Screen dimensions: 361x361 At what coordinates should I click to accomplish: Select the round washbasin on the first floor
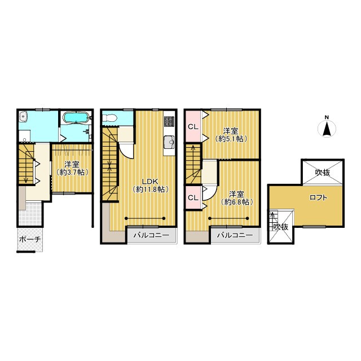tap(24, 117)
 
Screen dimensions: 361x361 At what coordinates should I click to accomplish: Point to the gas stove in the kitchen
tap(169, 122)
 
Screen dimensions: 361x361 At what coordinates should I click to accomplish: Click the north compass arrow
tap(327, 130)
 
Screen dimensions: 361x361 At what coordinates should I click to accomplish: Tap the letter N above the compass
tap(327, 117)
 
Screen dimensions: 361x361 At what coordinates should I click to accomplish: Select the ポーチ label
tap(30, 239)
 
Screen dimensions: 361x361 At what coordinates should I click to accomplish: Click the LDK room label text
tap(151, 181)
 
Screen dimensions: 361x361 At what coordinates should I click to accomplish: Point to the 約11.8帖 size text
tap(151, 190)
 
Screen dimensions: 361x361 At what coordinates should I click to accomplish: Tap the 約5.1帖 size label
tap(231, 139)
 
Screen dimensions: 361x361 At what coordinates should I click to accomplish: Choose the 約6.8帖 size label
tap(237, 202)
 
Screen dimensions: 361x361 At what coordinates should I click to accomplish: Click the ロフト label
tap(318, 197)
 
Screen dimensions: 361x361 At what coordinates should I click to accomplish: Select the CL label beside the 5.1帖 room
tap(193, 127)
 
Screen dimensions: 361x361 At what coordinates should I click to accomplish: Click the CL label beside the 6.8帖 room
tap(193, 197)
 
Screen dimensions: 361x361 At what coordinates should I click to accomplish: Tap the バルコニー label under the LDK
tap(152, 235)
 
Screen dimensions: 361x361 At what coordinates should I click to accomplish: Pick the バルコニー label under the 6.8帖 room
tap(235, 235)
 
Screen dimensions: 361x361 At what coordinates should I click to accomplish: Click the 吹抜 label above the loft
tap(323, 172)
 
